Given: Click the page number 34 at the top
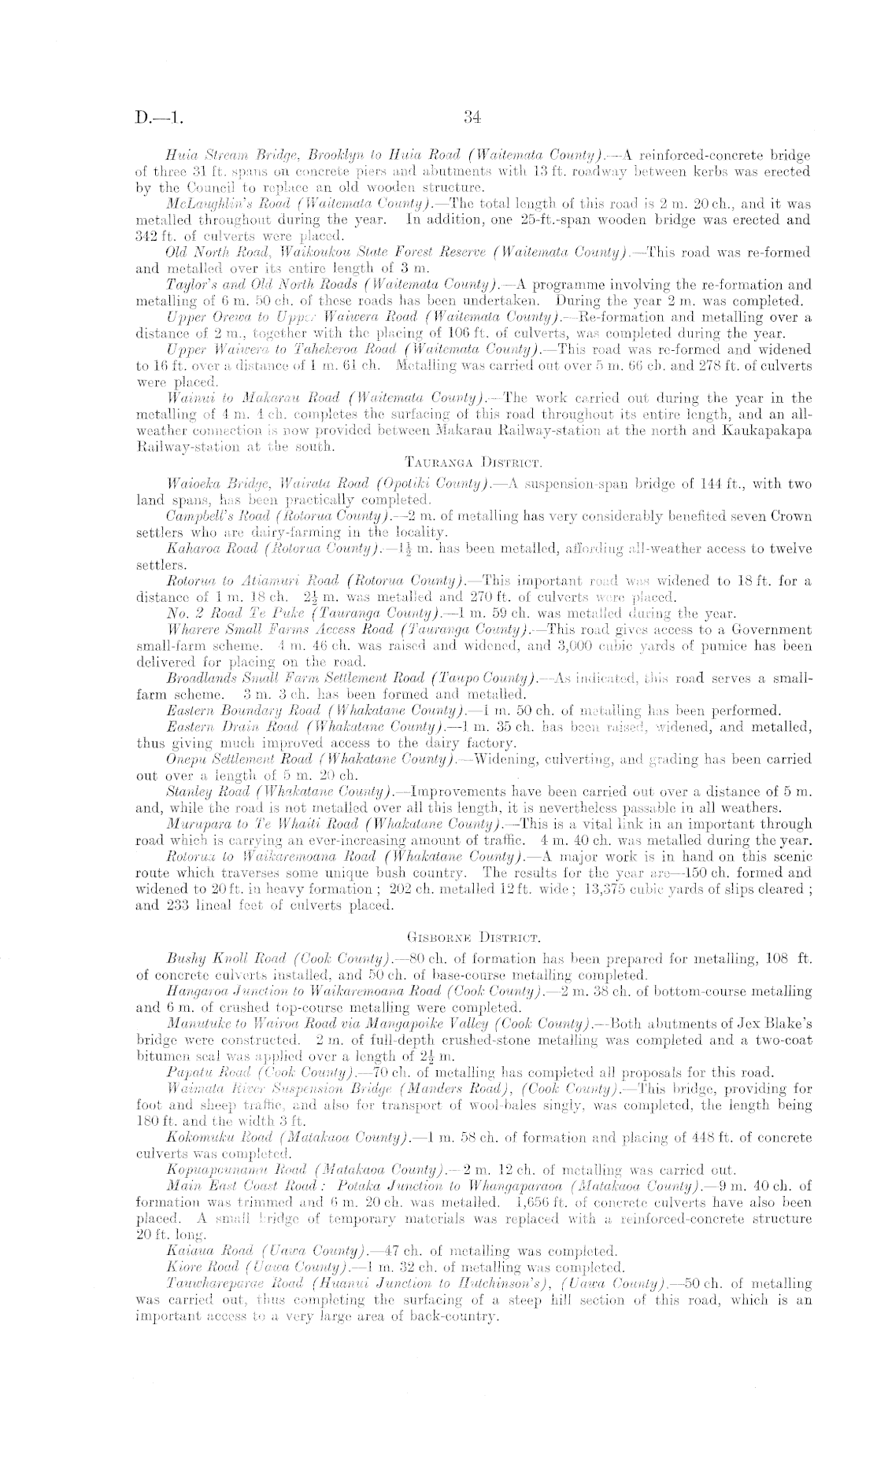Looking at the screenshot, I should click(472, 118).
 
